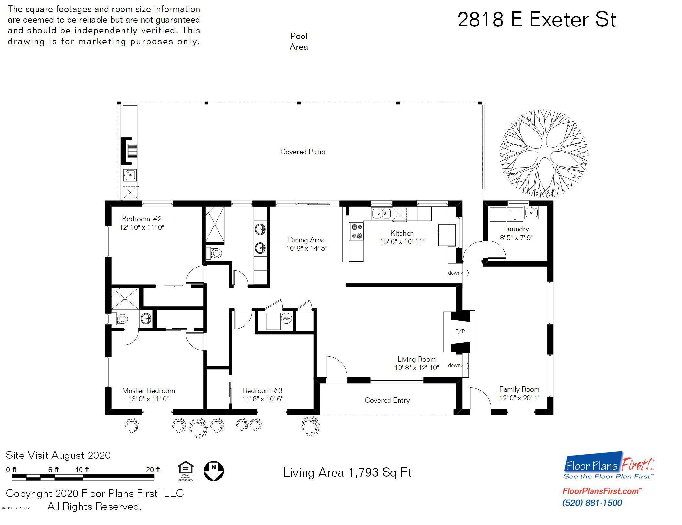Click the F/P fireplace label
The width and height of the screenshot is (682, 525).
coord(460,331)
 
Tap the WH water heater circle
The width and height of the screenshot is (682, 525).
coord(286,318)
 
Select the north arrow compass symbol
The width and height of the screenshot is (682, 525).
coord(213,471)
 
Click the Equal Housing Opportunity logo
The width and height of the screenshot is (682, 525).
coord(186,471)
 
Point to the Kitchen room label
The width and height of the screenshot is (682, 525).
coord(402,233)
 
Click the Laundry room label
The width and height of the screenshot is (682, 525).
coord(516,229)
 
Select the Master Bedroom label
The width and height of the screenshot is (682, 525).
coord(148,390)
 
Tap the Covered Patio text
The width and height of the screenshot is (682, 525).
coord(303,152)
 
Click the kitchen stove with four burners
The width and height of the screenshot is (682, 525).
coord(357,231)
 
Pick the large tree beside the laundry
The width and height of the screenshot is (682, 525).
coord(544,154)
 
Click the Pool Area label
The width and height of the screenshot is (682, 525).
coord(299,41)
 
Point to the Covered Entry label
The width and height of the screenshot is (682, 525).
coord(387,400)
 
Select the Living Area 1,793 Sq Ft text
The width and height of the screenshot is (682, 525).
coord(347,472)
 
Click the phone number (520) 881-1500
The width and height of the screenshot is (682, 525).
coord(592,503)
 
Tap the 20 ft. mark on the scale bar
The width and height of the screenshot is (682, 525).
coord(154,470)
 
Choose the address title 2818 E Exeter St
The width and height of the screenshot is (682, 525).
coord(537,19)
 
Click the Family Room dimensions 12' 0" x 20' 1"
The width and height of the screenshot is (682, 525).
coord(519,398)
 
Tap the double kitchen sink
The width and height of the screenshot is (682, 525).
coord(381,214)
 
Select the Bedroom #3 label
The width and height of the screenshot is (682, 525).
coord(262,390)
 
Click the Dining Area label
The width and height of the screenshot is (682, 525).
coord(306,240)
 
